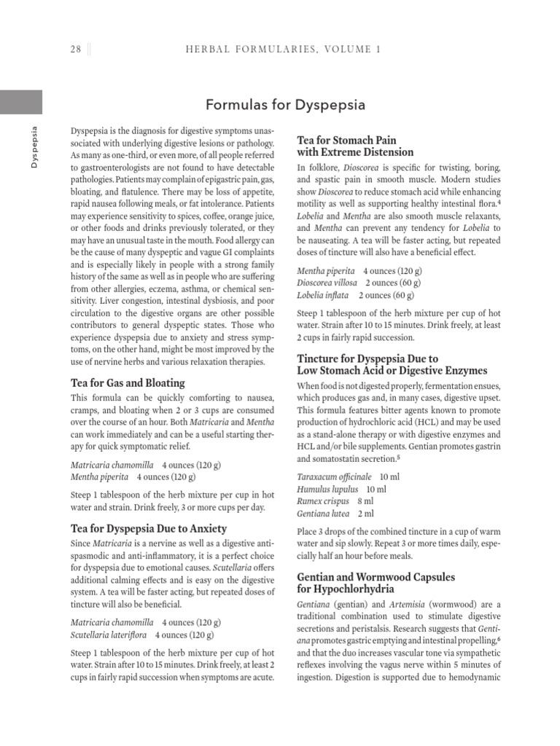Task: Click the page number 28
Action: pyautogui.click(x=75, y=50)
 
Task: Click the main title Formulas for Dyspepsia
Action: pyautogui.click(x=285, y=105)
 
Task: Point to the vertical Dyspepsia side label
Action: pyautogui.click(x=33, y=148)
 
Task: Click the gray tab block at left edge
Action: pyautogui.click(x=21, y=102)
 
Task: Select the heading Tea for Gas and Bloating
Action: pyautogui.click(x=128, y=383)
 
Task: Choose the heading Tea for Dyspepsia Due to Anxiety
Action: pyautogui.click(x=149, y=529)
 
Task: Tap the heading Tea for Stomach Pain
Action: pyautogui.click(x=346, y=140)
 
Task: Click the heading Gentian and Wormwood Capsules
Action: pyautogui.click(x=376, y=577)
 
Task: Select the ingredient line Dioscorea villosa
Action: pyautogui.click(x=327, y=283)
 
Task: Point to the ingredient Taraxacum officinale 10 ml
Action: pyautogui.click(x=348, y=477)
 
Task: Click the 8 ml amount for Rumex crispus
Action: pyautogui.click(x=365, y=502)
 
